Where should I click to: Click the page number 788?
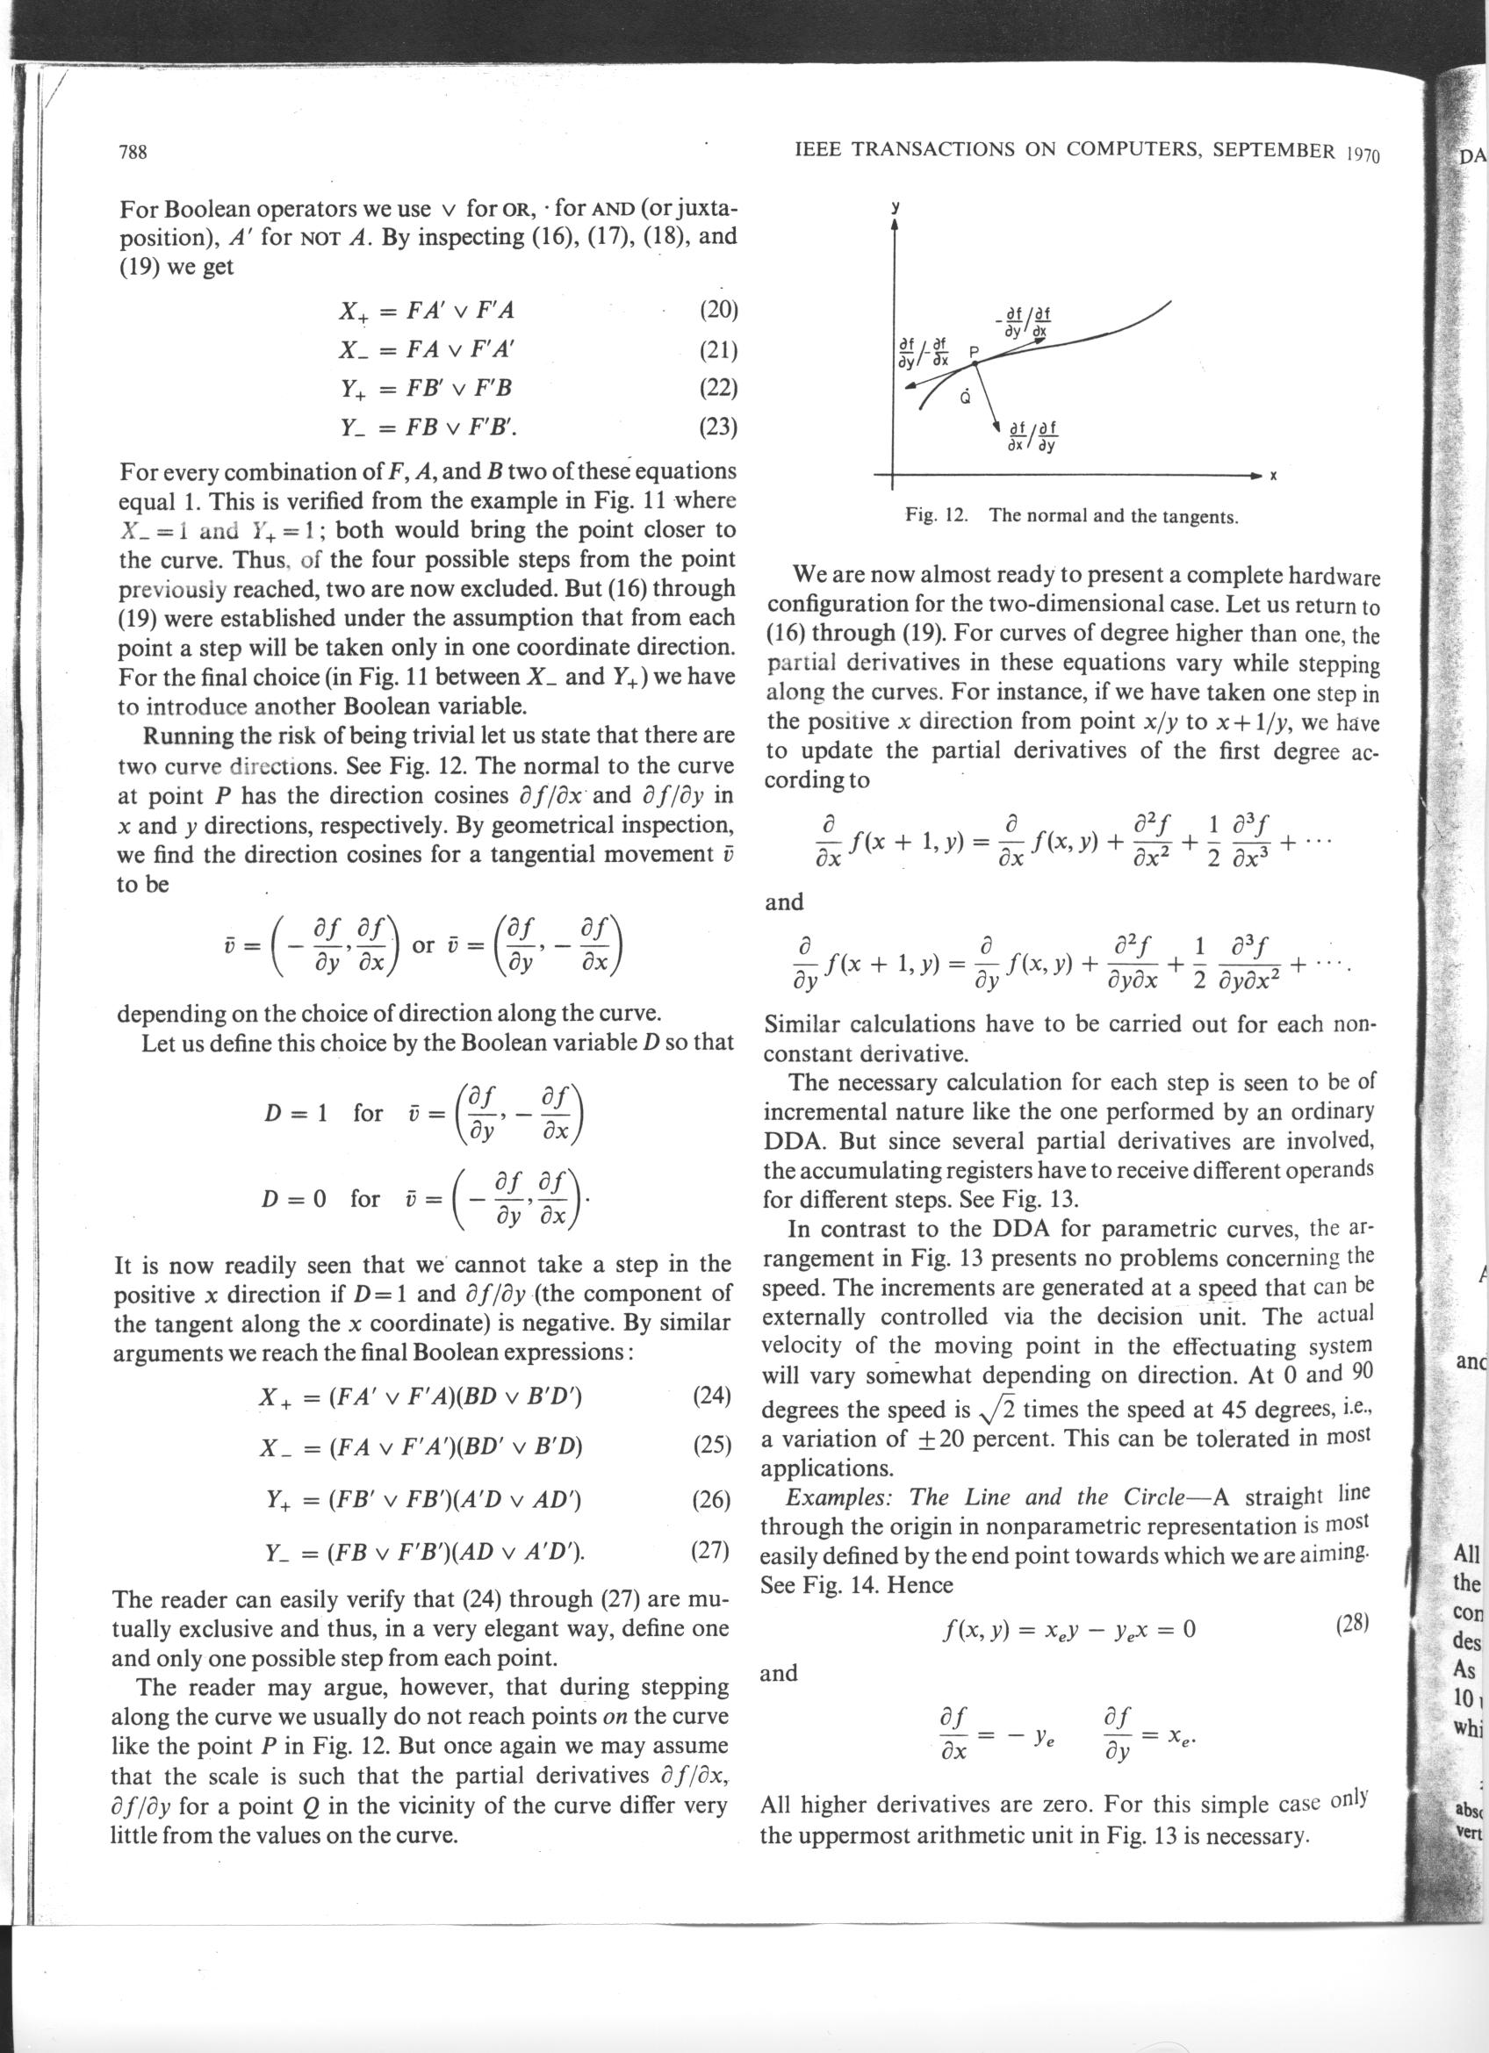[133, 152]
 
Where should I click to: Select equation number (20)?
[720, 311]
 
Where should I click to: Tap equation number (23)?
[720, 426]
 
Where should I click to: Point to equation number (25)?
[712, 1445]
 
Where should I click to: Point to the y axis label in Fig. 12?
[895, 207]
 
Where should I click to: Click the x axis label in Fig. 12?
[1272, 476]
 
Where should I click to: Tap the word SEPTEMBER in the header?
[1273, 150]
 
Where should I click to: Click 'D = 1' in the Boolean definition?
[295, 1114]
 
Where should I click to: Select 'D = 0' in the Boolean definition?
[293, 1199]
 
